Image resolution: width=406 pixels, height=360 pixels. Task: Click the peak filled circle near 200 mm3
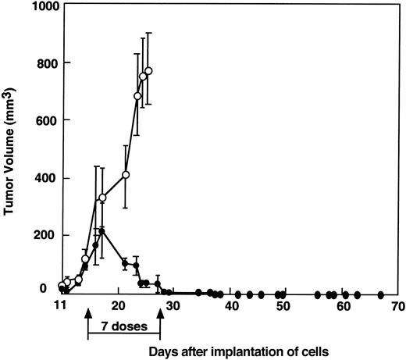[x=101, y=232]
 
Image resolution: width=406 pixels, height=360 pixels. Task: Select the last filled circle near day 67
[x=380, y=294]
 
